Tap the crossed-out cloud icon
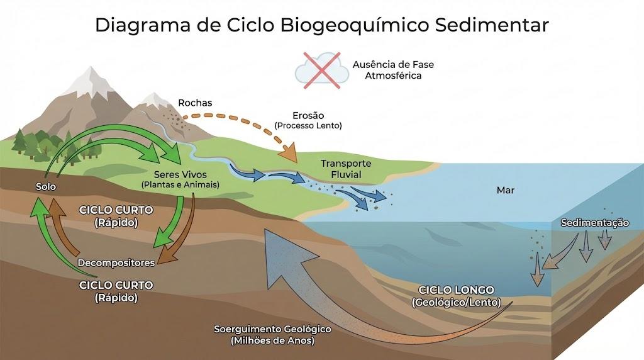pyautogui.click(x=322, y=70)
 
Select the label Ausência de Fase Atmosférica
pyautogui.click(x=393, y=70)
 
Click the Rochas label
pyautogui.click(x=195, y=103)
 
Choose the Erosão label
pyautogui.click(x=308, y=115)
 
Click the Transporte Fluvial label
pyautogui.click(x=346, y=169)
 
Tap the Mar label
pyautogui.click(x=505, y=190)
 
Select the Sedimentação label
pyautogui.click(x=595, y=223)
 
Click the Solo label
pyautogui.click(x=45, y=186)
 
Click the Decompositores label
pyautogui.click(x=116, y=262)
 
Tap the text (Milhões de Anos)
pyautogui.click(x=272, y=340)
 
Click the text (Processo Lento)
pyautogui.click(x=308, y=126)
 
